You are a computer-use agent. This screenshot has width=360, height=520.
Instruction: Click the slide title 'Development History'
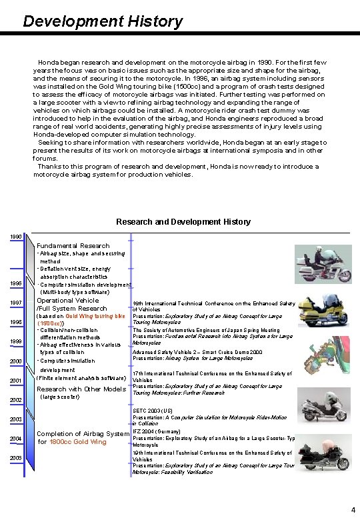tap(102, 21)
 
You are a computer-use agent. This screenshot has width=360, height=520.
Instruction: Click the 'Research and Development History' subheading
tap(183, 221)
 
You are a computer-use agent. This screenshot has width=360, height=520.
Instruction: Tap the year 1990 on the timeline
tap(15, 237)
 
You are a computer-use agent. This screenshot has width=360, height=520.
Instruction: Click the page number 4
tap(353, 510)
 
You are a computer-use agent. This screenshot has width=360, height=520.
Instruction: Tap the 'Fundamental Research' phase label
tap(73, 246)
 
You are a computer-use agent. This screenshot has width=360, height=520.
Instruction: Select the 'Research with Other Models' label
tap(81, 389)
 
